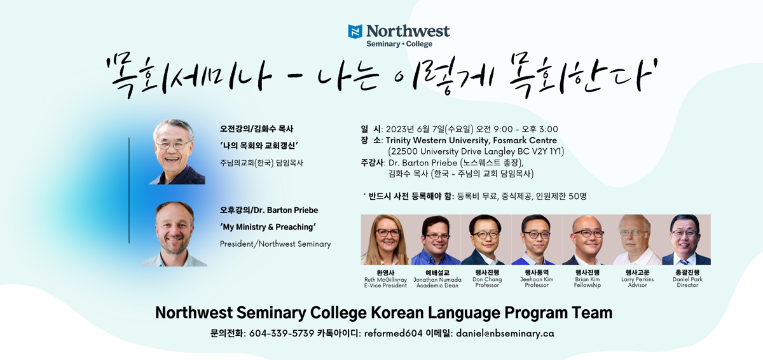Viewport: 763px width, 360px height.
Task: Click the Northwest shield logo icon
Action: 355,31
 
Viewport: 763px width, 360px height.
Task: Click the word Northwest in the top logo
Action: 408,31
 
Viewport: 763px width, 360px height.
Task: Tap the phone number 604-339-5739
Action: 281,333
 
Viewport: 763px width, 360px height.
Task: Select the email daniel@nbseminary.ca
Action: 505,333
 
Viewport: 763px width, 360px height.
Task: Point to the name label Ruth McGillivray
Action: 385,280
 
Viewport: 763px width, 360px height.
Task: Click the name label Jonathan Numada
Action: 437,280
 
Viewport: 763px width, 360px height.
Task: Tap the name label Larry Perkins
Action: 637,279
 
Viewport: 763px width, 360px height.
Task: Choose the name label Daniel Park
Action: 687,279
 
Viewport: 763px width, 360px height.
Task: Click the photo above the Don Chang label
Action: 486,240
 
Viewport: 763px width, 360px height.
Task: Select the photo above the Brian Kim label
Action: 587,240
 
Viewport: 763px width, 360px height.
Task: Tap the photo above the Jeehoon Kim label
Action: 537,240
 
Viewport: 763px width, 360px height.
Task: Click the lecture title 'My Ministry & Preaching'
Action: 268,227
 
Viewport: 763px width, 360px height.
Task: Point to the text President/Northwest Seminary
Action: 275,244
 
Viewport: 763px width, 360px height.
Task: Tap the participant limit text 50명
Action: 577,196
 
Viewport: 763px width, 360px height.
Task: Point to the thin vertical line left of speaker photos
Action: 129,190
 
